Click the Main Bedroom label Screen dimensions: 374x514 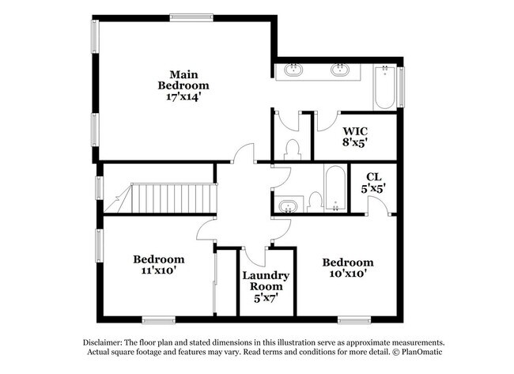(x=183, y=79)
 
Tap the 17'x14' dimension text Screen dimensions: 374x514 (x=183, y=97)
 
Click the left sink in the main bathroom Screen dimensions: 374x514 (x=293, y=70)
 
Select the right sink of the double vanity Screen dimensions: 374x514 (x=341, y=70)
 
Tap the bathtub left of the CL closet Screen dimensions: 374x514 (x=334, y=190)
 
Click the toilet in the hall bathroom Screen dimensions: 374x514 (x=314, y=202)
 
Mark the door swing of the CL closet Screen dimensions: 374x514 (x=378, y=207)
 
